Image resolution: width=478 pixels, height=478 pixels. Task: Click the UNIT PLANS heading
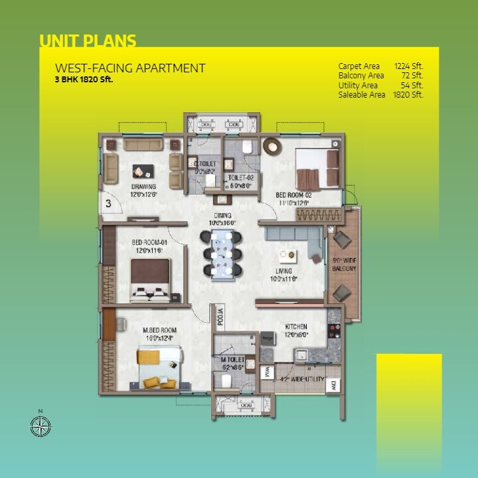click(x=88, y=41)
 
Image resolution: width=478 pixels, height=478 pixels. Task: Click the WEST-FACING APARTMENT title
click(x=130, y=68)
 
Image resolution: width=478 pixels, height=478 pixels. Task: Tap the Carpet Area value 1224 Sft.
click(x=408, y=66)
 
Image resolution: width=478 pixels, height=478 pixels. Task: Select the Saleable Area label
click(x=362, y=95)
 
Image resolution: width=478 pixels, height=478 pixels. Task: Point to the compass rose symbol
click(x=41, y=426)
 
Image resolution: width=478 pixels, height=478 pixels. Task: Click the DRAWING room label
click(x=143, y=187)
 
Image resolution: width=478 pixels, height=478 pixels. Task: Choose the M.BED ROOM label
click(x=160, y=330)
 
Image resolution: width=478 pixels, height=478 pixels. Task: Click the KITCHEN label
click(x=296, y=327)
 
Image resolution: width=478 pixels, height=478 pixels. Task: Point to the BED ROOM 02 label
click(x=293, y=195)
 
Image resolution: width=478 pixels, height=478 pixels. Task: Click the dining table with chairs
click(x=222, y=253)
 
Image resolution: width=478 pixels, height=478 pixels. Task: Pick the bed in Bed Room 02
click(x=317, y=169)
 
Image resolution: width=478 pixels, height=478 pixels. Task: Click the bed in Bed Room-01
click(x=151, y=279)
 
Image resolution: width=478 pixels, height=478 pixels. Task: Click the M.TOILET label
click(x=232, y=360)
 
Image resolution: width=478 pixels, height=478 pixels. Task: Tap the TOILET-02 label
click(x=241, y=178)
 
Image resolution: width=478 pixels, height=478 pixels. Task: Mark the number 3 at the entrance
click(x=108, y=203)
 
